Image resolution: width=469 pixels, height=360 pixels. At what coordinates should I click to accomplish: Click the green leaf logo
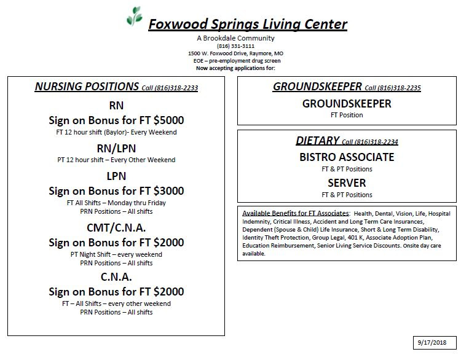134,17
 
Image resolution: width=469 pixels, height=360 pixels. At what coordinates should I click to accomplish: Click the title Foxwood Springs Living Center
247,25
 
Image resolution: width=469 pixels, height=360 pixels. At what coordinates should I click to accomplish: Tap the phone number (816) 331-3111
235,46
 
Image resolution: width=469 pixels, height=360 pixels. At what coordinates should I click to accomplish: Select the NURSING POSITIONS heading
87,87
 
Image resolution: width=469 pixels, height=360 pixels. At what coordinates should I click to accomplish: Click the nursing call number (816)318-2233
176,88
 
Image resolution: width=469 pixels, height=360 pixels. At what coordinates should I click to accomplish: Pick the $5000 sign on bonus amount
170,120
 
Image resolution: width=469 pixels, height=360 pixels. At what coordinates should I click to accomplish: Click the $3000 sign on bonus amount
170,191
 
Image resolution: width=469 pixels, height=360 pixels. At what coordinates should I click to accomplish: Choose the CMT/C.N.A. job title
116,229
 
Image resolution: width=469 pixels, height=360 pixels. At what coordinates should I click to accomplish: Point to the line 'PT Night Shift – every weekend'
116,254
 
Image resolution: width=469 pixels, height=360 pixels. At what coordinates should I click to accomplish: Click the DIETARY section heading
317,141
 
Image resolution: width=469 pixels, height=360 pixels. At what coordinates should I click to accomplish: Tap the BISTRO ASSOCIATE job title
347,157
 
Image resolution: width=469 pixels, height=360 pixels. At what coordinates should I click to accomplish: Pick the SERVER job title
347,182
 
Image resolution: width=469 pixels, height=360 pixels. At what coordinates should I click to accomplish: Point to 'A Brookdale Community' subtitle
235,38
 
